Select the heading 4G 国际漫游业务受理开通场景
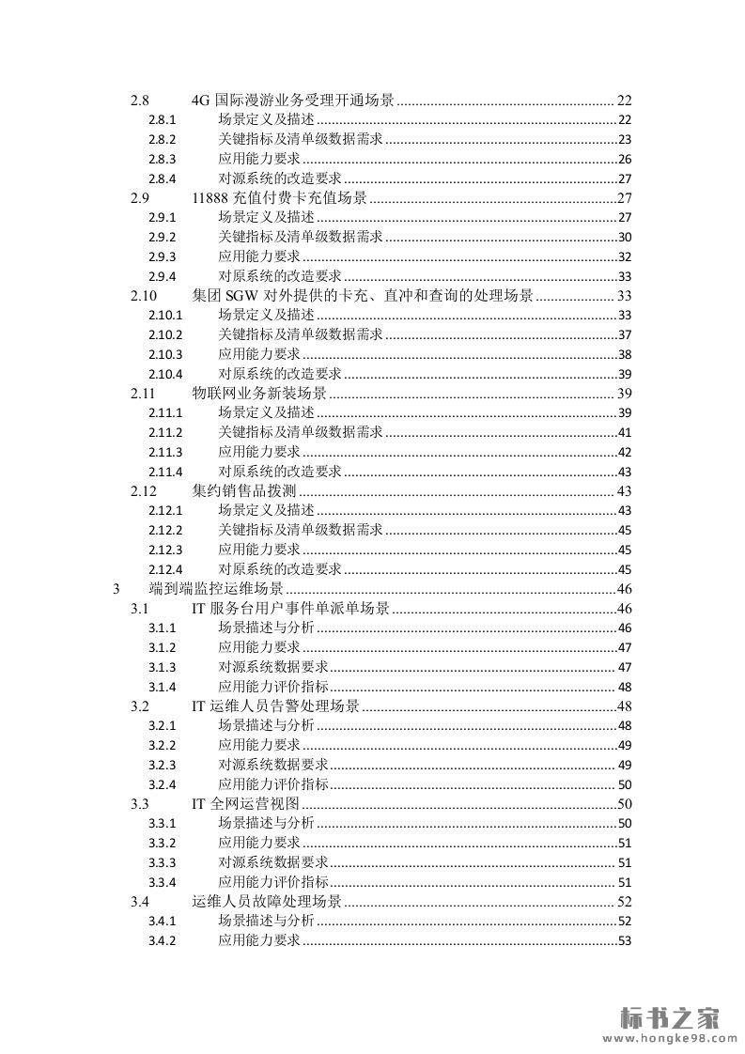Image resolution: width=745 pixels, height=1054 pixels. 292,100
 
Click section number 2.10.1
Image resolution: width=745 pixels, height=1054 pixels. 164,315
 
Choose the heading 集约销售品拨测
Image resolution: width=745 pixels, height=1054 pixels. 244,490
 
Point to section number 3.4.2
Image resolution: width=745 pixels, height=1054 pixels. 163,941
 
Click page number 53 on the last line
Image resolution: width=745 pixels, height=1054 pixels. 624,941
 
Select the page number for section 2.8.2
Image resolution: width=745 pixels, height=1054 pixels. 624,139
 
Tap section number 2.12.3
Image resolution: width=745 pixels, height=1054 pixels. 164,550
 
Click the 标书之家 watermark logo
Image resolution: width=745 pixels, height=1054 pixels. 669,1017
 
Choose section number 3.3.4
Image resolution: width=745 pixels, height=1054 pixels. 163,882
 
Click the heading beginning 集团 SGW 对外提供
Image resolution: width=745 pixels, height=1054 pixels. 362,295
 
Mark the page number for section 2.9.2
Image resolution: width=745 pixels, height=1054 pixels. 624,237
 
